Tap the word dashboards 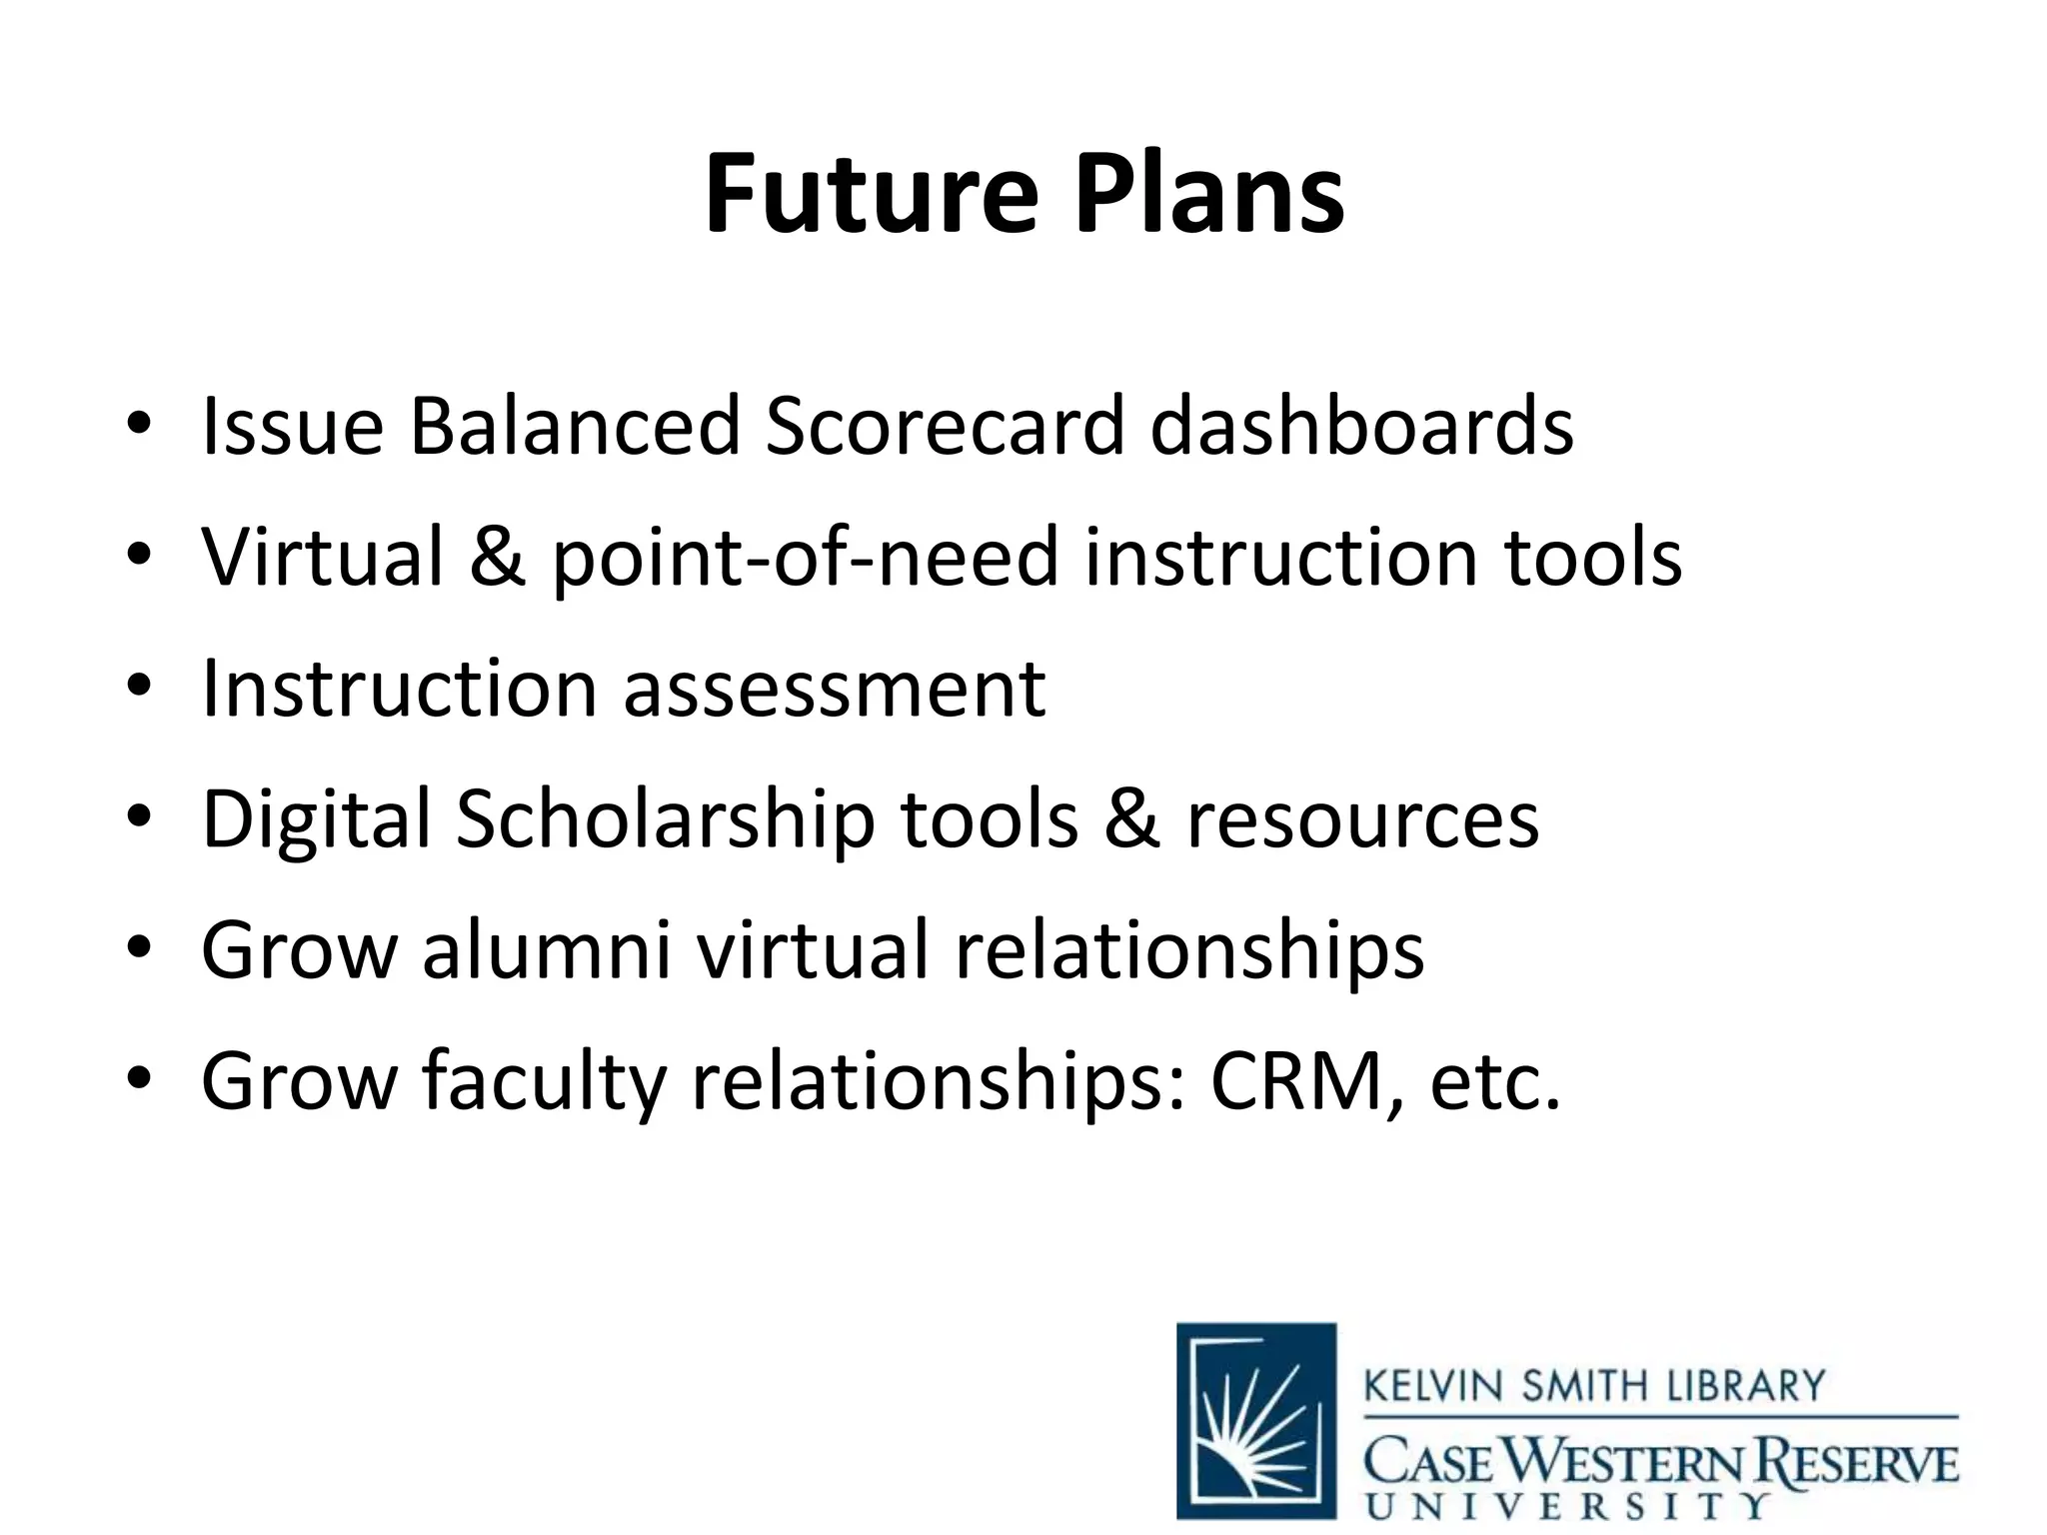point(1361,428)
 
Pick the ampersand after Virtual point(498,558)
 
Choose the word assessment point(835,690)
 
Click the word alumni point(546,951)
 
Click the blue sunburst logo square point(1256,1420)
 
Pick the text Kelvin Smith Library point(1594,1387)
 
